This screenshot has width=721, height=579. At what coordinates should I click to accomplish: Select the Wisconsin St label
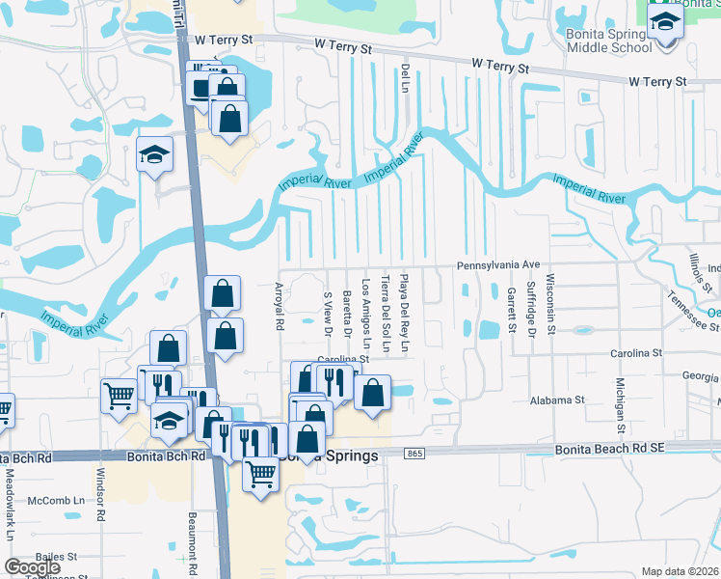click(x=550, y=303)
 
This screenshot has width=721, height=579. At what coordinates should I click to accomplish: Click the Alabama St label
click(x=557, y=400)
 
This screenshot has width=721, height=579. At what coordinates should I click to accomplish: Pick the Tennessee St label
click(x=692, y=308)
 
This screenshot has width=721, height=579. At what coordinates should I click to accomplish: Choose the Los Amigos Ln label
click(x=365, y=313)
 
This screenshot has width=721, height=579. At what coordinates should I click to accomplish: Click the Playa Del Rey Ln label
click(x=405, y=315)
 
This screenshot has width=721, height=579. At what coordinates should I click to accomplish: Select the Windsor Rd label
click(x=99, y=495)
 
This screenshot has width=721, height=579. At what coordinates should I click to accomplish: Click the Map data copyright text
click(x=680, y=571)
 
